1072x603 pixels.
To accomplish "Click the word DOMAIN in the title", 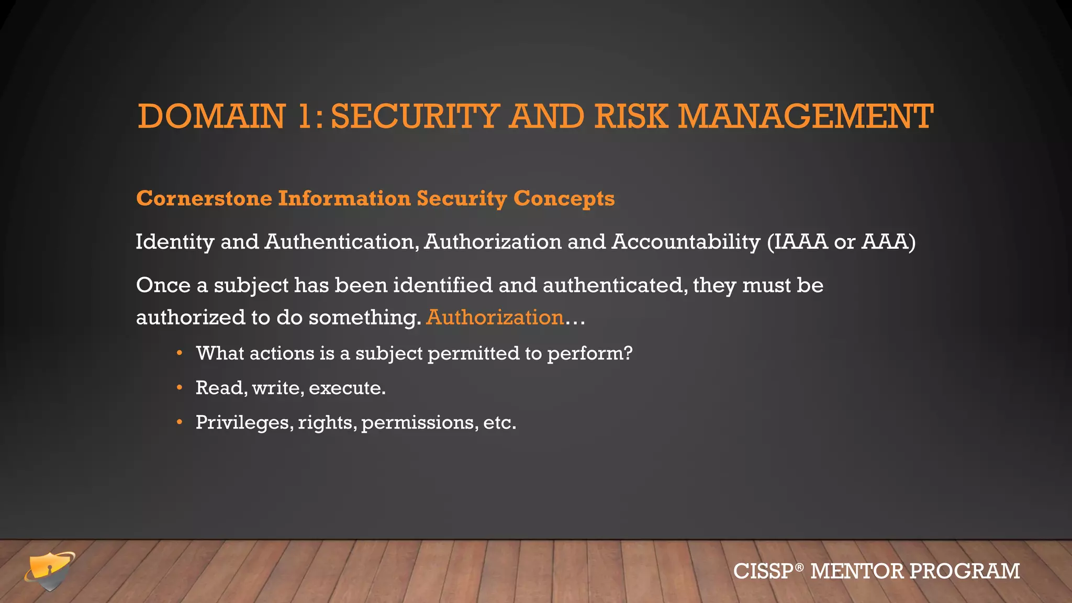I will [x=211, y=116].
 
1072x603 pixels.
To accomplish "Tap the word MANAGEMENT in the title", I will [x=806, y=116].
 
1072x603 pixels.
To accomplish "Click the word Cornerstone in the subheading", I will [x=204, y=198].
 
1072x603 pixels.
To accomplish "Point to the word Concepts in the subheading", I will [x=564, y=198].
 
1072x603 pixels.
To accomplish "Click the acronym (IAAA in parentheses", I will [x=797, y=242].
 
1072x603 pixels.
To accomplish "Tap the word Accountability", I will [x=686, y=242].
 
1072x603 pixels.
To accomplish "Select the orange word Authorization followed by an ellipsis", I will [x=495, y=318].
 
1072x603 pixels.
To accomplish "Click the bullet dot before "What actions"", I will [x=180, y=353].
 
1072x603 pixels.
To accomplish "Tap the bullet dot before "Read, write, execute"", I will [x=180, y=388].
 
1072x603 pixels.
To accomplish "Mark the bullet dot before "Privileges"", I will [x=180, y=422].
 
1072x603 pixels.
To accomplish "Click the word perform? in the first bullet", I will [x=590, y=354].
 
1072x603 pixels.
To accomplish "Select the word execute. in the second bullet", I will [x=347, y=388].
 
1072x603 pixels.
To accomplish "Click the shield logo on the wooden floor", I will [x=50, y=571].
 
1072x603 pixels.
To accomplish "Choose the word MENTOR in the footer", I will [x=856, y=571].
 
